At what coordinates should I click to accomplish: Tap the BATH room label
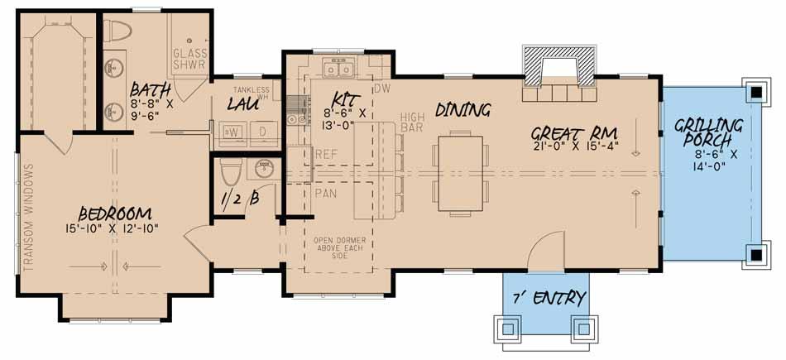[x=151, y=89]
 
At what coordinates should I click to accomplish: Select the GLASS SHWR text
[x=189, y=59]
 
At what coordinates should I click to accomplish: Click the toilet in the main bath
[x=121, y=32]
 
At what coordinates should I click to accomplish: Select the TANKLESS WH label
[x=252, y=92]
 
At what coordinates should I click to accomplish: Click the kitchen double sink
[x=339, y=66]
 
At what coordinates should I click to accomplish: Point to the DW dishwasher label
[x=381, y=88]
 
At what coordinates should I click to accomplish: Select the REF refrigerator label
[x=326, y=154]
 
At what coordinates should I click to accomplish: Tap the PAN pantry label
[x=326, y=193]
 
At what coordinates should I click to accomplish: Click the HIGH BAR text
[x=412, y=122]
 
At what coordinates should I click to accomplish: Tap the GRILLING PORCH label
[x=708, y=134]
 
